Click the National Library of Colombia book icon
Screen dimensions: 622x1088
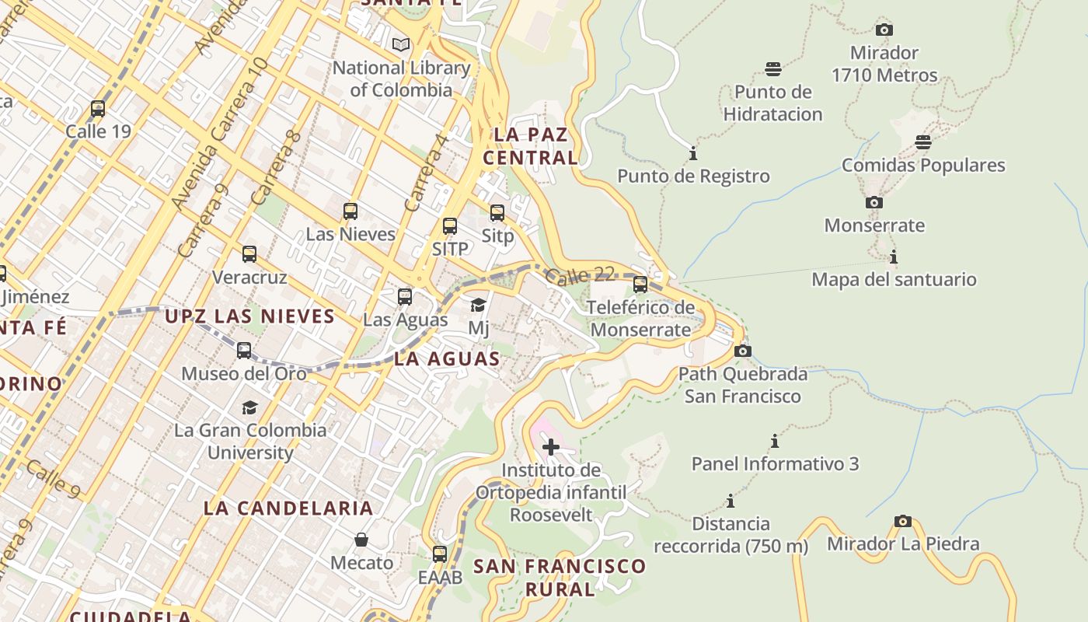tap(401, 45)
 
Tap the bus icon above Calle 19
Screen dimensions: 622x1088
tap(98, 109)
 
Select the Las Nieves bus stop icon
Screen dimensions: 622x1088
tap(350, 211)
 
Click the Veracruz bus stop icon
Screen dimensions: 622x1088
tap(249, 254)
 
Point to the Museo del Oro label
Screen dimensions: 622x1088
tap(243, 374)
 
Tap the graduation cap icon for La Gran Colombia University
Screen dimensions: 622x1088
tap(249, 408)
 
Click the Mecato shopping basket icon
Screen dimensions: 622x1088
tap(361, 540)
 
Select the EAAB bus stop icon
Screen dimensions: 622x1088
tap(440, 554)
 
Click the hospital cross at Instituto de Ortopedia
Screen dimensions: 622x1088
tap(551, 447)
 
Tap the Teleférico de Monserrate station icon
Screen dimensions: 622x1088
tap(640, 285)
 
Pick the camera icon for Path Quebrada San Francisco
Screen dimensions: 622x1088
tap(743, 351)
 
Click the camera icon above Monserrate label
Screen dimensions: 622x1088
tap(874, 203)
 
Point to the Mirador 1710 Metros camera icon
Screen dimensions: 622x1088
tap(884, 30)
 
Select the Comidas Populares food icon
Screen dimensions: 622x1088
tap(923, 142)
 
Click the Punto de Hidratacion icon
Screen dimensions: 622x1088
tap(772, 69)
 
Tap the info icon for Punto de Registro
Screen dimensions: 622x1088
tap(693, 153)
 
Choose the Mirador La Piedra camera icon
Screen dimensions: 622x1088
tap(902, 521)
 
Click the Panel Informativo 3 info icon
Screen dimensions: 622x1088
tap(775, 442)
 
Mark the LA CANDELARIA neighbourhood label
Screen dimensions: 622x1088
tap(288, 508)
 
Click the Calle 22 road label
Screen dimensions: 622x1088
tap(580, 276)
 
